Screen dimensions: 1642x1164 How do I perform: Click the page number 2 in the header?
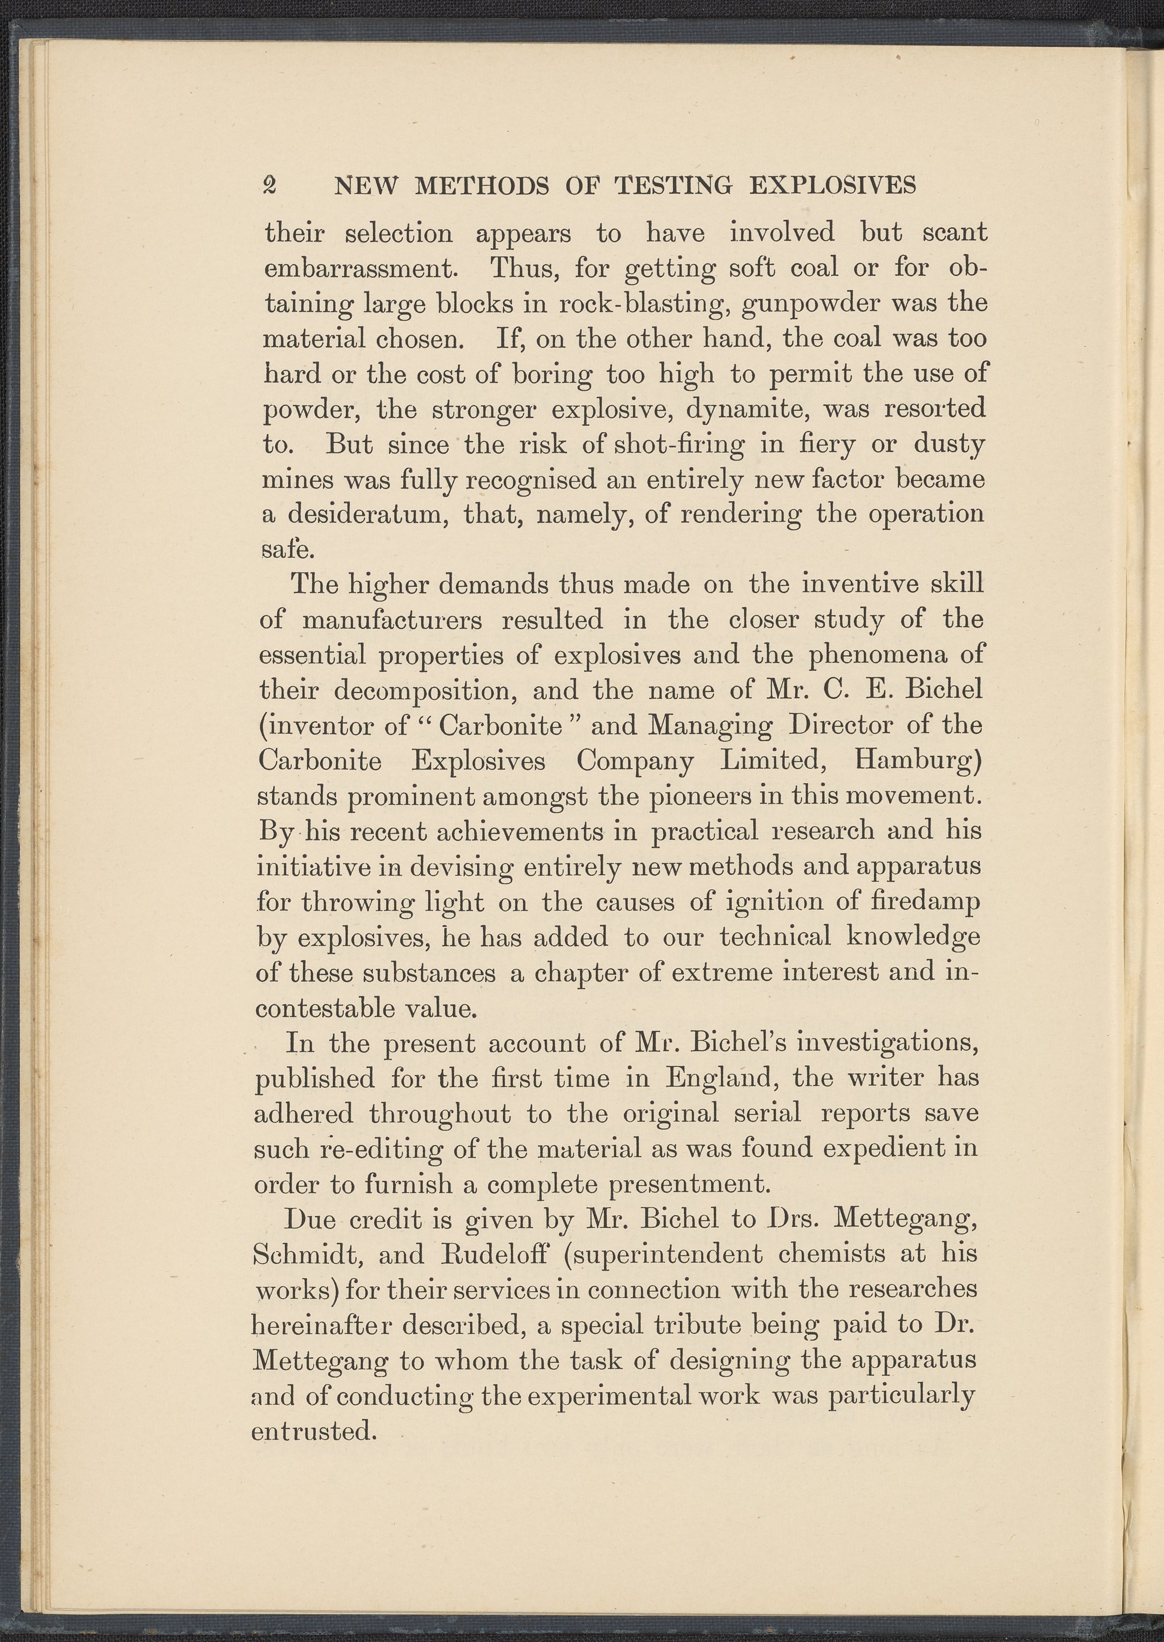(x=270, y=186)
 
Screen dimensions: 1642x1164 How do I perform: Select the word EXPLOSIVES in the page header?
(x=833, y=186)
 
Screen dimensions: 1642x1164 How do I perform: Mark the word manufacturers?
(x=392, y=620)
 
